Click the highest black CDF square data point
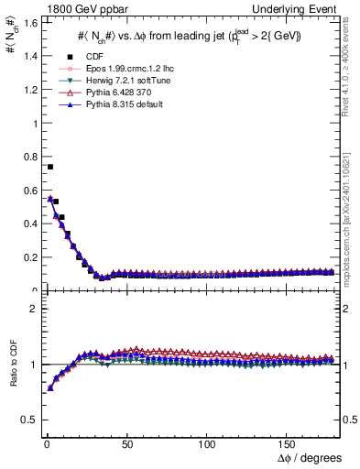pyautogui.click(x=49, y=167)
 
